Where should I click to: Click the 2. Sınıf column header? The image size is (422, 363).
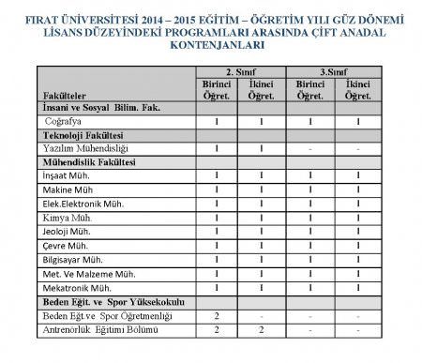(240, 70)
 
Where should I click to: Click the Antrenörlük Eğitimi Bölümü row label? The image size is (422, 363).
(103, 330)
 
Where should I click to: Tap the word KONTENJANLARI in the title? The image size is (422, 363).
(210, 43)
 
